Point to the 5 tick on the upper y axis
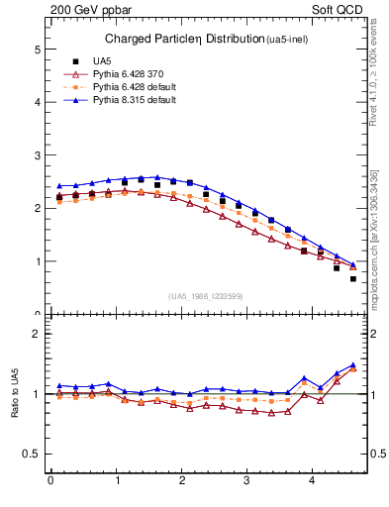pos(37,49)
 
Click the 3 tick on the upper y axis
pos(37,155)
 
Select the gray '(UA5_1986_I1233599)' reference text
pos(205,296)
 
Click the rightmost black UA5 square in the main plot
pos(353,278)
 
